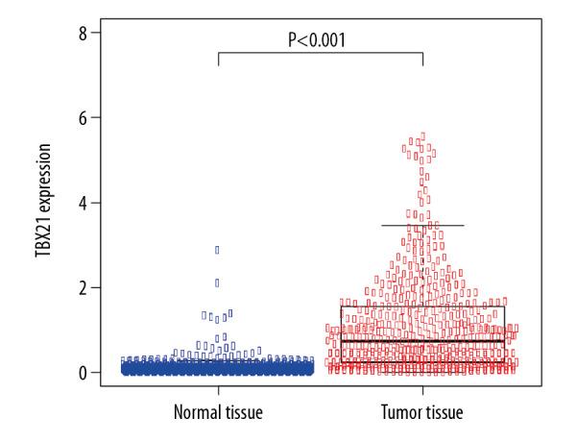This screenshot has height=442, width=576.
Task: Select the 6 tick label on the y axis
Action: click(x=84, y=118)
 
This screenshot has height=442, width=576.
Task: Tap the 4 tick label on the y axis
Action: click(x=84, y=203)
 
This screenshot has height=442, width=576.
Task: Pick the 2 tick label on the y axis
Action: click(x=84, y=287)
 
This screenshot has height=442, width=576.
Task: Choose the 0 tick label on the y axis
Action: click(x=84, y=372)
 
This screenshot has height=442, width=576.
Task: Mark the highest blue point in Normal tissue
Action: click(x=217, y=250)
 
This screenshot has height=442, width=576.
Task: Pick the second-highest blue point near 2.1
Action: click(x=217, y=282)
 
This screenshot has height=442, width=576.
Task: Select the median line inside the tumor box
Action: click(x=422, y=340)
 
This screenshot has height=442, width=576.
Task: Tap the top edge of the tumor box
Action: click(x=422, y=307)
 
